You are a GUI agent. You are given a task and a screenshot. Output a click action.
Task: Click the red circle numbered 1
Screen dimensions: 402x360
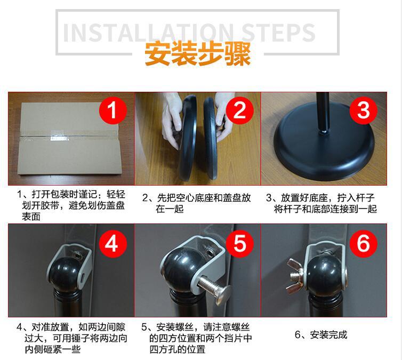pos(113,111)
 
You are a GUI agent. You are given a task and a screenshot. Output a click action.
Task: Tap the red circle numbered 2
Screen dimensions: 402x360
pos(239,111)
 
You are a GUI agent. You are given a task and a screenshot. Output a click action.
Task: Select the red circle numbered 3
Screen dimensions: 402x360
pos(363,111)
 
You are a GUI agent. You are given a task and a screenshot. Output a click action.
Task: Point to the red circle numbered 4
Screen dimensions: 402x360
pos(113,243)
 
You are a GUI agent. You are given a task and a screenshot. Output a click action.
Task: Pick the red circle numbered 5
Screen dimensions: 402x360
pos(239,243)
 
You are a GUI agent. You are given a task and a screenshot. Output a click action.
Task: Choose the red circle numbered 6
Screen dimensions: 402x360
pos(363,243)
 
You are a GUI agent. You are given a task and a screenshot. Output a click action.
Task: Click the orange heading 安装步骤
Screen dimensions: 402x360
pos(197,54)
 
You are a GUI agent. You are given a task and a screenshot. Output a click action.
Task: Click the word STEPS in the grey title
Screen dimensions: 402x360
pos(278,33)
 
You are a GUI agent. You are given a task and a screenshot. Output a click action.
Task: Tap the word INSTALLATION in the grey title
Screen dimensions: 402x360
pos(148,33)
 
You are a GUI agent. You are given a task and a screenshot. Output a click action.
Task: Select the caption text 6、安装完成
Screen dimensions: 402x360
pos(321,335)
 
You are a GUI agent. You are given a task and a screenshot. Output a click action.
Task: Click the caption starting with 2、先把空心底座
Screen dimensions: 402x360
pos(197,203)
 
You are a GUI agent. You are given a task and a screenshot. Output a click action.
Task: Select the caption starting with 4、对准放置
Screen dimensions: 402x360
pos(72,338)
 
